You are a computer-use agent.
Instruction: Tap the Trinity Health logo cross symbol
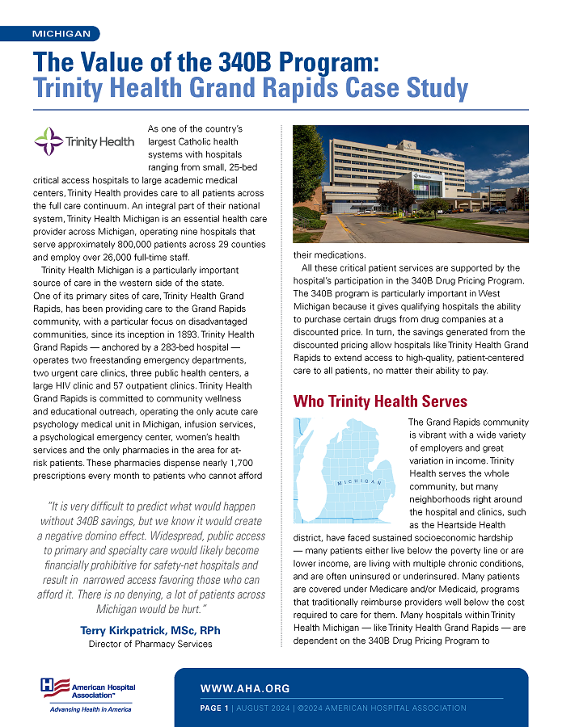[49, 141]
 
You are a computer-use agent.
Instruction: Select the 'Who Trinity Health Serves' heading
[380, 401]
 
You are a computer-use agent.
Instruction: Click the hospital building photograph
[411, 183]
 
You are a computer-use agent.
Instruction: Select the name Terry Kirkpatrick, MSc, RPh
[150, 630]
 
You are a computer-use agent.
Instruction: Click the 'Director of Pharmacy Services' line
[150, 644]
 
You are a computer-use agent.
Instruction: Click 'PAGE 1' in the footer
[214, 708]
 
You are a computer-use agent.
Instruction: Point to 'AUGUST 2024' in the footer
[262, 708]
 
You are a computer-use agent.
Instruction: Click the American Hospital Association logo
[89, 689]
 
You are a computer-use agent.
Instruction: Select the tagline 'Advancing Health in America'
[90, 709]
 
